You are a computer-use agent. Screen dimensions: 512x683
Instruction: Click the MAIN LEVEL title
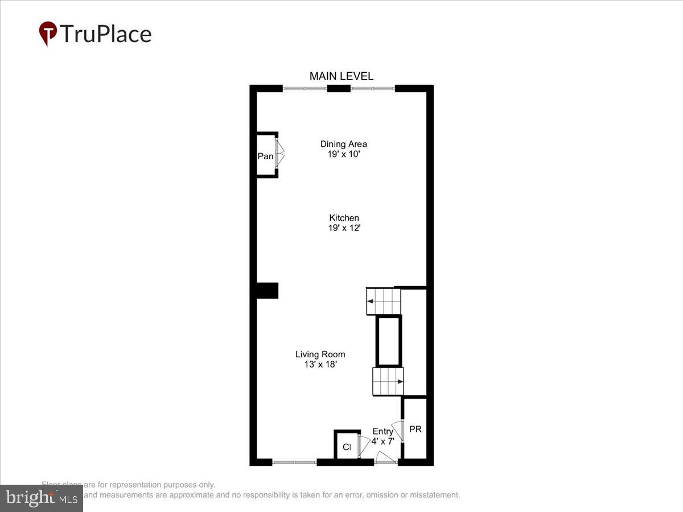click(341, 76)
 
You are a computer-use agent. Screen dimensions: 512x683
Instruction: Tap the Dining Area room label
click(343, 144)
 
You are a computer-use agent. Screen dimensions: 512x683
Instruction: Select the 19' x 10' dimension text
click(343, 154)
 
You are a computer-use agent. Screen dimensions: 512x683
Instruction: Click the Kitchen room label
click(344, 217)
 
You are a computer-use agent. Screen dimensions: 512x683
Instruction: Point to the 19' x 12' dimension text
click(344, 228)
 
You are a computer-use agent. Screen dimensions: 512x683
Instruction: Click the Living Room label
click(320, 354)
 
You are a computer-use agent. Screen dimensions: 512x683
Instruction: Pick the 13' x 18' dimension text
click(320, 365)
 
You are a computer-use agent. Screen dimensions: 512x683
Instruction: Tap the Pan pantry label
click(265, 156)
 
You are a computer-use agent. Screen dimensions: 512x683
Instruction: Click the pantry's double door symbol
click(279, 154)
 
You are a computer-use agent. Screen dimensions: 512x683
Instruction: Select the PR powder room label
click(415, 429)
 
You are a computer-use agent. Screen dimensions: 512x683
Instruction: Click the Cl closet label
click(347, 447)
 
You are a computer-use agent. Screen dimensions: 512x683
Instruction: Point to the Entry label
click(382, 431)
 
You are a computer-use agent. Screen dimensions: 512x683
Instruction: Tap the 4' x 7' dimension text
click(383, 441)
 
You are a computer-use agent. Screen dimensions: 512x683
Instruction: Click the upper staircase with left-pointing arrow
click(383, 301)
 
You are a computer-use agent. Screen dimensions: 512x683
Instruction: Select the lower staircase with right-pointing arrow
click(388, 381)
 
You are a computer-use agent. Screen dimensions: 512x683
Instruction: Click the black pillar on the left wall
click(266, 290)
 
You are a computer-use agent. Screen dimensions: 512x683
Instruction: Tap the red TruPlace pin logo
click(48, 33)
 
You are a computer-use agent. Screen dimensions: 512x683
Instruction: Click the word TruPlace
click(105, 34)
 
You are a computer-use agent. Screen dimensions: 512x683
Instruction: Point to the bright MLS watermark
click(41, 498)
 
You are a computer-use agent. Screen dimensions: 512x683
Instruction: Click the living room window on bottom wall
click(294, 462)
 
